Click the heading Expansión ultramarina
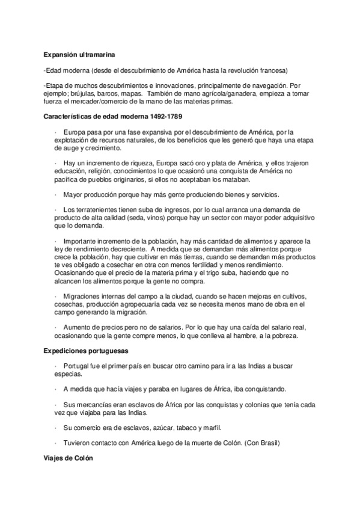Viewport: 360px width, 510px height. (x=76, y=53)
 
